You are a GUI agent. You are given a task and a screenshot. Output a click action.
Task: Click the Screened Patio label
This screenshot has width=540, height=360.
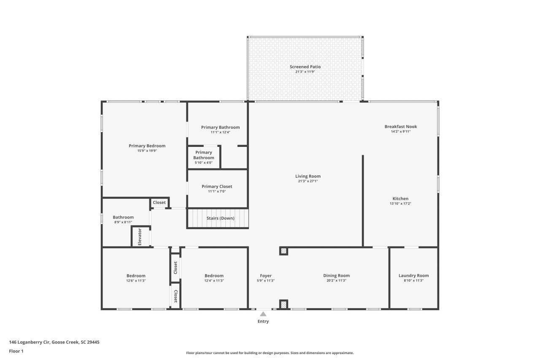pyautogui.click(x=305, y=67)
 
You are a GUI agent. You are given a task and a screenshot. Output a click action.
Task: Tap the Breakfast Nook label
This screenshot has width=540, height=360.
pyautogui.click(x=400, y=127)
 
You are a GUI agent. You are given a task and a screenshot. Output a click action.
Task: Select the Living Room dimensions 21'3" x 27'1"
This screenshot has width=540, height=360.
pyautogui.click(x=308, y=181)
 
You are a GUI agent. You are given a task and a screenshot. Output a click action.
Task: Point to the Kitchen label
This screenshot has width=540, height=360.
pyautogui.click(x=400, y=199)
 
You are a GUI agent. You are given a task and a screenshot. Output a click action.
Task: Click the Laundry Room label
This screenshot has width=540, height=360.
pyautogui.click(x=413, y=276)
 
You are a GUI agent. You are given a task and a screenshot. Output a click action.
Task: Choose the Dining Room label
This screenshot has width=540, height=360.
pyautogui.click(x=336, y=276)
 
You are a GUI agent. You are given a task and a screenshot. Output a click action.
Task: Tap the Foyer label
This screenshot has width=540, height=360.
pyautogui.click(x=266, y=276)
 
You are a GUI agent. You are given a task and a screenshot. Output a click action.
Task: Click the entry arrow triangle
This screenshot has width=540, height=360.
pyautogui.click(x=263, y=314)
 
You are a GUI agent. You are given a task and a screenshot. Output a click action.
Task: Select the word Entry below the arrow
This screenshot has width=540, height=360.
pyautogui.click(x=263, y=322)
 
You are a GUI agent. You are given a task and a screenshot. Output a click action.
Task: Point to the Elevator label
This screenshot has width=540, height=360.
pyautogui.click(x=140, y=237)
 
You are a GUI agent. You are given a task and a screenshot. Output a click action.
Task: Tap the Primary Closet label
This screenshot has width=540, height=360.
pyautogui.click(x=217, y=187)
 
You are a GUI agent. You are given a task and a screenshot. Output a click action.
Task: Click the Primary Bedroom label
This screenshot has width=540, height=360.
pyautogui.click(x=147, y=146)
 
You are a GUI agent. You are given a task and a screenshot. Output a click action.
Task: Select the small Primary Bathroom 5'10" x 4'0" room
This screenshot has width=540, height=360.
pyautogui.click(x=204, y=157)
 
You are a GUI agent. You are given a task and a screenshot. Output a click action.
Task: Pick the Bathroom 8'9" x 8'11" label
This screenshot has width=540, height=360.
pyautogui.click(x=123, y=217)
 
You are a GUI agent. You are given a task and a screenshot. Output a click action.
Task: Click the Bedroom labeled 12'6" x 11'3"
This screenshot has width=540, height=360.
pyautogui.click(x=136, y=278)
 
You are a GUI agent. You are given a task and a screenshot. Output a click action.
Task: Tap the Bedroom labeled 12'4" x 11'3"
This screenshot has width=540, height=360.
pyautogui.click(x=214, y=278)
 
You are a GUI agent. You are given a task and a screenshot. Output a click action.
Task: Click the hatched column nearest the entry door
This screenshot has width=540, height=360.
pyautogui.click(x=284, y=304)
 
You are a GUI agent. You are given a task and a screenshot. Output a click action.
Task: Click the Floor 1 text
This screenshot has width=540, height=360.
pyautogui.click(x=16, y=351)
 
